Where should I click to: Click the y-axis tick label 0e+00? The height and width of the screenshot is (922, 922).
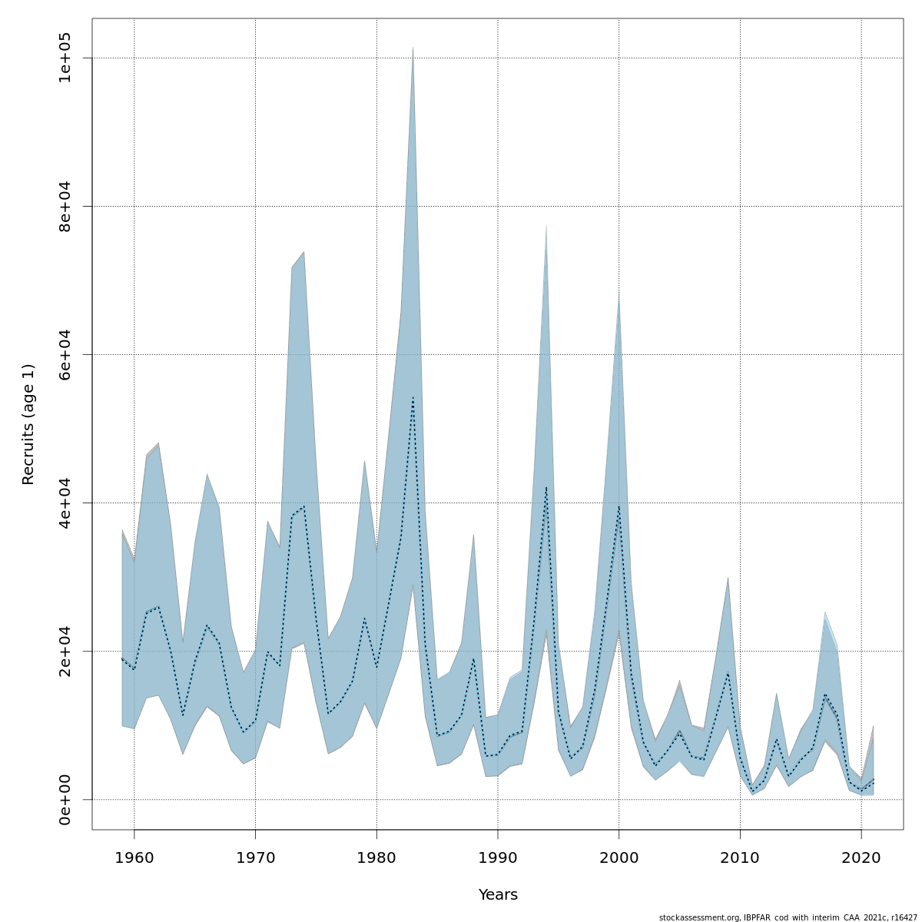point(65,799)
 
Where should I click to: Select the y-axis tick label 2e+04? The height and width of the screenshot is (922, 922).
point(65,651)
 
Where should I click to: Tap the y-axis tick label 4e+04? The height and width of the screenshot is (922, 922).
point(65,502)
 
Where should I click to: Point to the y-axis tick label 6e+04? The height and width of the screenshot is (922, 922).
point(65,354)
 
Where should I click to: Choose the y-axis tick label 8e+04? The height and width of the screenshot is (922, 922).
point(65,206)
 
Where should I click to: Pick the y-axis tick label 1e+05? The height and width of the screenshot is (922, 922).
point(65,58)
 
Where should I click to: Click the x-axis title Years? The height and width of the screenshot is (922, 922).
point(498,895)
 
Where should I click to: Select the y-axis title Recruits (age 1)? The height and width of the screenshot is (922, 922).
point(28,424)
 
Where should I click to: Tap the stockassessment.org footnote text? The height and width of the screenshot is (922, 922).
point(788,917)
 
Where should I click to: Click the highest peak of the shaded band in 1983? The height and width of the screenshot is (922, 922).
point(413,48)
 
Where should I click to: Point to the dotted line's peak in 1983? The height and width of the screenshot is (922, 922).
point(413,397)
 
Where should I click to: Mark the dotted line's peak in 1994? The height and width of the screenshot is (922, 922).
point(546,486)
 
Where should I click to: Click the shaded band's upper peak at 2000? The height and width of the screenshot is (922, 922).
point(619,293)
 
